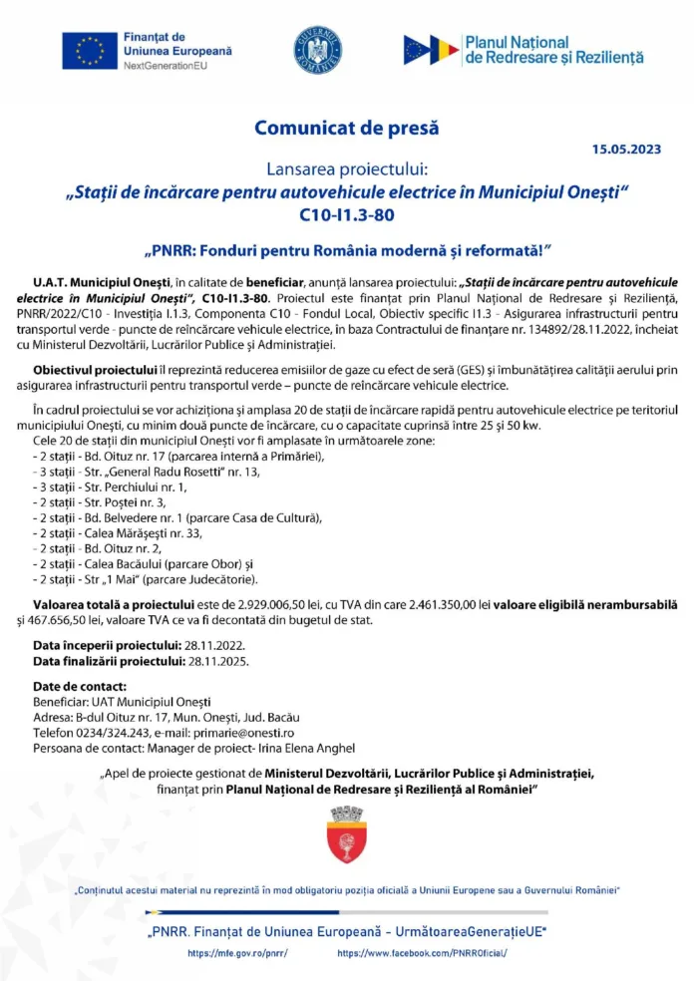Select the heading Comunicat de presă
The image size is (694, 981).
click(346, 128)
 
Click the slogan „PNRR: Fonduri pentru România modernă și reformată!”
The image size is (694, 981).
click(347, 246)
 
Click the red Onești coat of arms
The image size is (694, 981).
click(347, 835)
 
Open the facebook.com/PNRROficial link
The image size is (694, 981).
click(423, 953)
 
